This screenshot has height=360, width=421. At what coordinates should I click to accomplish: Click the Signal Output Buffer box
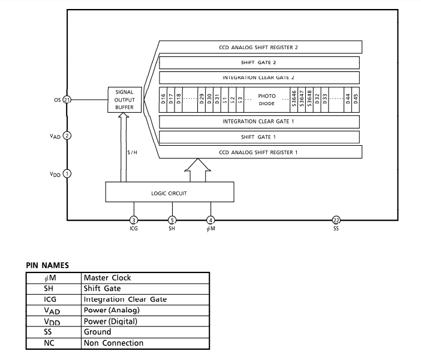(x=125, y=100)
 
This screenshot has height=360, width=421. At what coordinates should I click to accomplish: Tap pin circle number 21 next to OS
(x=67, y=100)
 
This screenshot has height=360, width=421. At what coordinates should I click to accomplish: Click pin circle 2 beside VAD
(x=67, y=136)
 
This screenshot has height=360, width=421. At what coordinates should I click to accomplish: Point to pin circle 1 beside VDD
(x=67, y=174)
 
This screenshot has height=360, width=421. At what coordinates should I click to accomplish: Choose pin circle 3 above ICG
(x=134, y=220)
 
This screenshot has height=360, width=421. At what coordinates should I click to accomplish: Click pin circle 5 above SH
(x=172, y=220)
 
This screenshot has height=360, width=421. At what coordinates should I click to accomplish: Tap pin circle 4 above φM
(x=210, y=220)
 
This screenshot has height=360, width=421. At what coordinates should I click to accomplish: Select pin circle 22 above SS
(x=336, y=220)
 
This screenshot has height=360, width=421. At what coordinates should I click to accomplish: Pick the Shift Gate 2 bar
(x=259, y=62)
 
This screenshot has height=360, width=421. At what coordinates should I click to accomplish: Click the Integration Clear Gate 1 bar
(x=259, y=122)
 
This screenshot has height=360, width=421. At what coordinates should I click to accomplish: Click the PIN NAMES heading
(x=47, y=265)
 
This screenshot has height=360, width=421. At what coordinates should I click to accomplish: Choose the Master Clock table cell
(x=107, y=278)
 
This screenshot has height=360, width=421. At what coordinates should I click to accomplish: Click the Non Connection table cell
(x=113, y=343)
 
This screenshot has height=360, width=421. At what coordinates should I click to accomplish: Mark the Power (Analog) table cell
(x=112, y=310)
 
